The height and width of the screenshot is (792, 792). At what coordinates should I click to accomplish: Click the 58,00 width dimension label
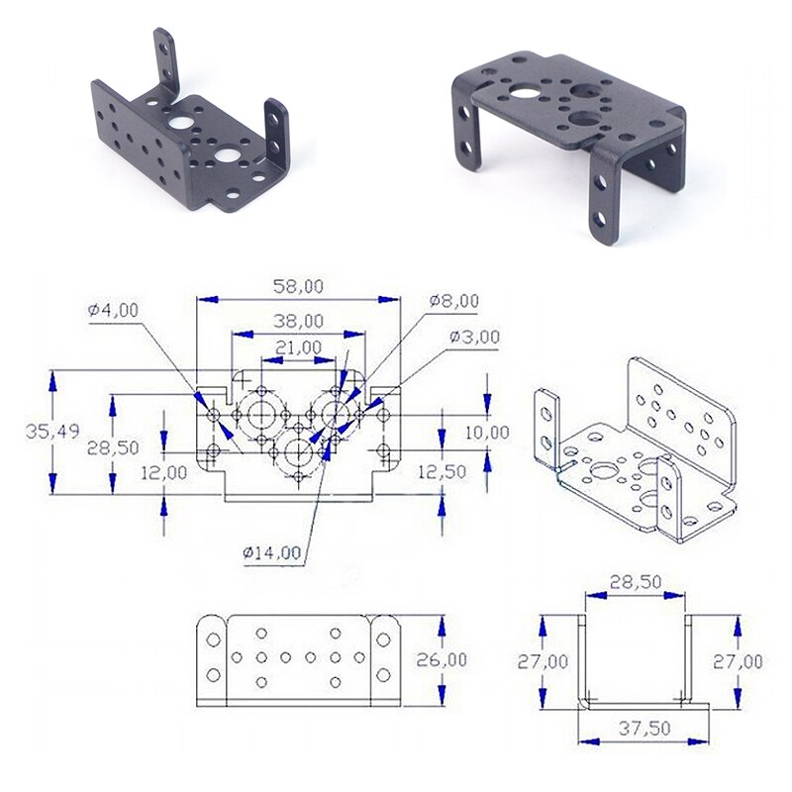click(x=298, y=286)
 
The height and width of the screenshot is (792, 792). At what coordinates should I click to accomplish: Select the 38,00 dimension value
click(x=298, y=321)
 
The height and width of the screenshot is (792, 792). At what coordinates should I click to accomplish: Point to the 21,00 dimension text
click(x=298, y=347)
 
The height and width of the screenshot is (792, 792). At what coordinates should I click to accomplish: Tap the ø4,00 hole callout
click(x=114, y=310)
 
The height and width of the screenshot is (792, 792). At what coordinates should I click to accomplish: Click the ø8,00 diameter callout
click(x=454, y=301)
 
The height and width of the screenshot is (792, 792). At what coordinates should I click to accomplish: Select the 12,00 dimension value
click(x=164, y=472)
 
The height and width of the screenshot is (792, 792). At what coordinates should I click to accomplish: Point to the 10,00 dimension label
click(x=486, y=432)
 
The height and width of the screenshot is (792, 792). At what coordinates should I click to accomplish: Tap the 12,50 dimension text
click(x=441, y=472)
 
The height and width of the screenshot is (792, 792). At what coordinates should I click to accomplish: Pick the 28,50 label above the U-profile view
click(x=635, y=583)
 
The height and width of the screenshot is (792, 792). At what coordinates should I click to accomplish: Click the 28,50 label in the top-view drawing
click(x=113, y=447)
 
